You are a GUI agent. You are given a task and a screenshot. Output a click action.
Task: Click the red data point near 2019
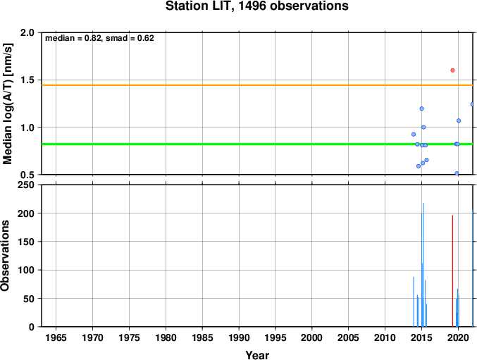pyautogui.click(x=452, y=70)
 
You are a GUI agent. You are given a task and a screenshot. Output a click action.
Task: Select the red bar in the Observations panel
pyautogui.click(x=452, y=271)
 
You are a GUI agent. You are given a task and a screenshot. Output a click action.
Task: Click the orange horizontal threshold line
pyautogui.click(x=257, y=85)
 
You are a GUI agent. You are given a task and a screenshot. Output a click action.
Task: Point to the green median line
pyautogui.click(x=257, y=144)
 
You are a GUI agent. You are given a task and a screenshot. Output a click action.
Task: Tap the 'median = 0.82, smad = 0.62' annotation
pyautogui.click(x=99, y=38)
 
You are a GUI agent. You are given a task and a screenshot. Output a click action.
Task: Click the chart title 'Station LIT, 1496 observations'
pyautogui.click(x=256, y=6)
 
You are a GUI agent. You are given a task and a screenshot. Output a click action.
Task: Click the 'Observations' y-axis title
pyautogui.click(x=5, y=256)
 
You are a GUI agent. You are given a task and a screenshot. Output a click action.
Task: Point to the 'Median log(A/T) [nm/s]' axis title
pyautogui.click(x=7, y=104)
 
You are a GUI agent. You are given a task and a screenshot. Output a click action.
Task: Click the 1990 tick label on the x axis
pyautogui.click(x=239, y=337)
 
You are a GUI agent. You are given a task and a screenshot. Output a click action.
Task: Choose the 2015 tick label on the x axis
pyautogui.click(x=421, y=337)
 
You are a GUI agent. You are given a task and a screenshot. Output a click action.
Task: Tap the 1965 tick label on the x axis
pyautogui.click(x=56, y=337)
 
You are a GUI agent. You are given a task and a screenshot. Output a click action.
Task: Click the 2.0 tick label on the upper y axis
pyautogui.click(x=27, y=32)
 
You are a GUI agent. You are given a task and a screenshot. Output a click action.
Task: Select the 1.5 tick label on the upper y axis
pyautogui.click(x=27, y=80)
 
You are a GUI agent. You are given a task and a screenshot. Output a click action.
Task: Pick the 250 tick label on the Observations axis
pyautogui.click(x=26, y=185)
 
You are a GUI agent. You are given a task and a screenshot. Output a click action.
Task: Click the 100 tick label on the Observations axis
pyautogui.click(x=26, y=270)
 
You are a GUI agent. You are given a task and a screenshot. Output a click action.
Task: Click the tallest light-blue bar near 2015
pyautogui.click(x=423, y=265)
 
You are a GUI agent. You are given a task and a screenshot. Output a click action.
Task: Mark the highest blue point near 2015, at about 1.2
pyautogui.click(x=421, y=108)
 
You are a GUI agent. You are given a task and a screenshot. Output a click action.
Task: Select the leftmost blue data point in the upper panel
pyautogui.click(x=414, y=135)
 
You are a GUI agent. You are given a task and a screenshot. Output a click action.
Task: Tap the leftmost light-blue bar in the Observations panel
pyautogui.click(x=414, y=302)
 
